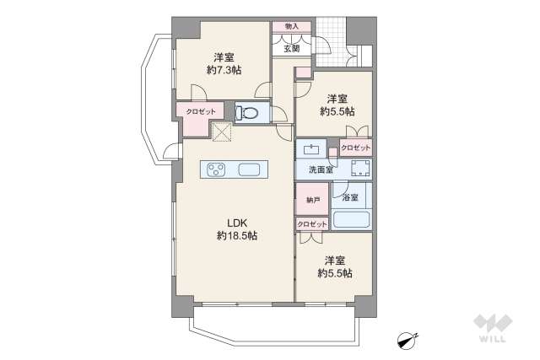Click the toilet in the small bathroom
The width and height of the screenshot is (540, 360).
coord(247,112)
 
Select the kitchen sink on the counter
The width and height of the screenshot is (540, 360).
coord(249,169)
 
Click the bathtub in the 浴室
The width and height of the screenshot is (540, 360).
coord(351,219)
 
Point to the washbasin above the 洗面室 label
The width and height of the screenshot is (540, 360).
coord(311,150)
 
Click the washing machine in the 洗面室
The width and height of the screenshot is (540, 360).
coord(360,169)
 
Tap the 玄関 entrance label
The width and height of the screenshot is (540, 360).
coord(292,49)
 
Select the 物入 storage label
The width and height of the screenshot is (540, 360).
coord(292,26)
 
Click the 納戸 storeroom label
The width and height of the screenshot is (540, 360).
coord(313,200)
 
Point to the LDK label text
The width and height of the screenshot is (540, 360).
coord(237,223)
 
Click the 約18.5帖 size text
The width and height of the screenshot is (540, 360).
coord(237,236)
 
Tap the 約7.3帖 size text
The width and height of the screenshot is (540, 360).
coord(224,70)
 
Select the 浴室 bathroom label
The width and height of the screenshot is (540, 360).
coord(350,197)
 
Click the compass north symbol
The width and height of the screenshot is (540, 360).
coord(407,339)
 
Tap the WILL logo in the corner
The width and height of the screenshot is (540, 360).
coord(493,328)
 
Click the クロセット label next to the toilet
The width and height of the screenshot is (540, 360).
coord(201,112)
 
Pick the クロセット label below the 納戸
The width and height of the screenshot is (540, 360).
coord(312,224)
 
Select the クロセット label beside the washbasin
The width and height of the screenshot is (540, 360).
coord(356,148)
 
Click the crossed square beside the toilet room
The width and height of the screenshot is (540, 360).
coord(222,132)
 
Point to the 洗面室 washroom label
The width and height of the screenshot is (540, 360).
coord(321,169)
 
